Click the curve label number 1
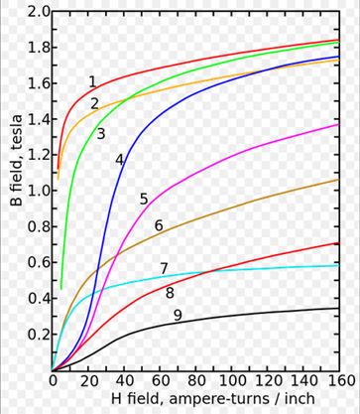tap(92, 81)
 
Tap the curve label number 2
tap(94, 104)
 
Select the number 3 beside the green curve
tap(101, 134)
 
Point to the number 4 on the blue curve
tap(119, 160)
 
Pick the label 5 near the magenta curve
tap(144, 200)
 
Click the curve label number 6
tap(159, 225)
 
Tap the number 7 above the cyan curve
tap(164, 269)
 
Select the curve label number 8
tap(170, 293)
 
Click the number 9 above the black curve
tap(178, 316)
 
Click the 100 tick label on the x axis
tap(232, 381)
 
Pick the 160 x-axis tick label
tap(339, 381)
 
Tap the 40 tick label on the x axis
tap(124, 381)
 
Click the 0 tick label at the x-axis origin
tap(53, 381)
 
